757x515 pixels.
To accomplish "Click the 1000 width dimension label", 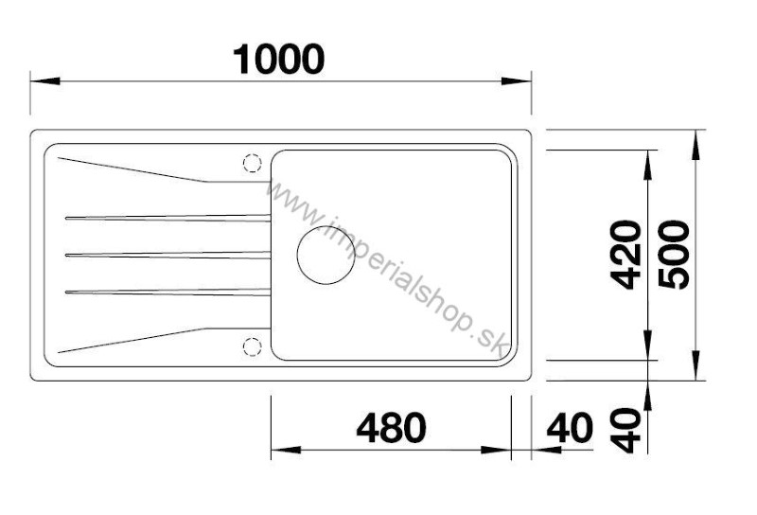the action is [278, 60].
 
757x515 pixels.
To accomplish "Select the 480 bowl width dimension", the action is [391, 428].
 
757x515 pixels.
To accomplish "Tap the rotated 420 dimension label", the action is [625, 255].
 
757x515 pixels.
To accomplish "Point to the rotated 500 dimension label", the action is [675, 255].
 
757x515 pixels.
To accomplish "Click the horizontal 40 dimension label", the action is [570, 428].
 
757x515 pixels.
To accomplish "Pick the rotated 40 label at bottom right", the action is [625, 431].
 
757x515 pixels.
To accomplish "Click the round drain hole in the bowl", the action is [326, 255].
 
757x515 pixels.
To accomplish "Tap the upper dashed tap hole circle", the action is [252, 163].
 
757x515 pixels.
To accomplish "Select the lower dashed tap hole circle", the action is [252, 346].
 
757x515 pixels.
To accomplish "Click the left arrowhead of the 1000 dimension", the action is [44, 80].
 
